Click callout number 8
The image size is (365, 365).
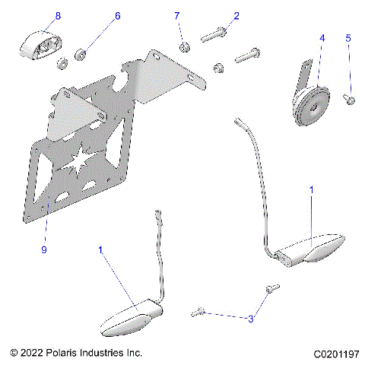click(58, 15)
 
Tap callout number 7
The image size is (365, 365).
click(177, 15)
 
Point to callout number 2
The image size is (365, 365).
click(236, 15)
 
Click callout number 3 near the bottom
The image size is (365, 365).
click(250, 320)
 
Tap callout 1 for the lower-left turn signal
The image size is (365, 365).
click(101, 249)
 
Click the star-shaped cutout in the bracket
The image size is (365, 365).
click(100, 160)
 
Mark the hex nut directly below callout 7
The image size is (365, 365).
click(184, 49)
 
